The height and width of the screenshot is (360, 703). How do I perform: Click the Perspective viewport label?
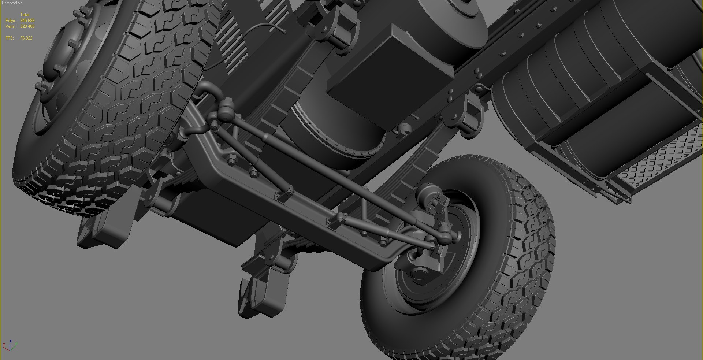(x=12, y=3)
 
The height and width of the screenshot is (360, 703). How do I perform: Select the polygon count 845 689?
(x=27, y=21)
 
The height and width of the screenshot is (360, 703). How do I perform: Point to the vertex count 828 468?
(x=27, y=26)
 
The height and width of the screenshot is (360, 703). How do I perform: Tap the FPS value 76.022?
(x=26, y=38)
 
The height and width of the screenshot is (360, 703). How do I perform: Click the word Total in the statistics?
(x=25, y=15)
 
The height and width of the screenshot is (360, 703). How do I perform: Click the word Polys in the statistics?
(x=10, y=21)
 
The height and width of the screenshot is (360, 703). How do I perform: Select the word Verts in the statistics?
(x=10, y=26)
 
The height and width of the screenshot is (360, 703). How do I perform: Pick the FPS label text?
(x=9, y=38)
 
